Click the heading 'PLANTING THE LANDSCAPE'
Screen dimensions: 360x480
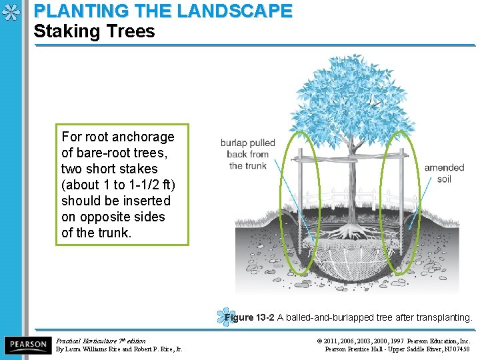[163, 11]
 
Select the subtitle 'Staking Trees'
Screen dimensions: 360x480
[94, 31]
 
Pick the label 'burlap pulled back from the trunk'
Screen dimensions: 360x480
[247, 154]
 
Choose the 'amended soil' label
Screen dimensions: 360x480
[444, 173]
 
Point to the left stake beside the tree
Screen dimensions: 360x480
[302, 200]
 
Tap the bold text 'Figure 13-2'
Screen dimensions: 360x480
[249, 318]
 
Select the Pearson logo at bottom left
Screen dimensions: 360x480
[27, 345]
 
